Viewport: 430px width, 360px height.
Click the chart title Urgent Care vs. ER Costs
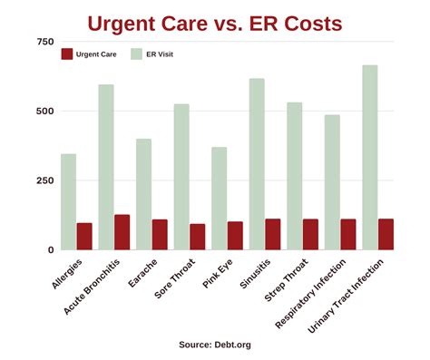click(x=215, y=22)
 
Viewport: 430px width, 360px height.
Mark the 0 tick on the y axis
click(x=50, y=249)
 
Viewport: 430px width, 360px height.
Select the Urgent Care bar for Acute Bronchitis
click(x=122, y=232)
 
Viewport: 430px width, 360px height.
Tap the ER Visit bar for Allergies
click(x=69, y=201)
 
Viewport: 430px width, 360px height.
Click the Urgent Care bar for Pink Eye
click(x=235, y=236)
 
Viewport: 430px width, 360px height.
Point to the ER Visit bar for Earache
click(x=143, y=194)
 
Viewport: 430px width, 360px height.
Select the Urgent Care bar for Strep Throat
click(x=310, y=234)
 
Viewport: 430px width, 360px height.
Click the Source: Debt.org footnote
click(x=215, y=345)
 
